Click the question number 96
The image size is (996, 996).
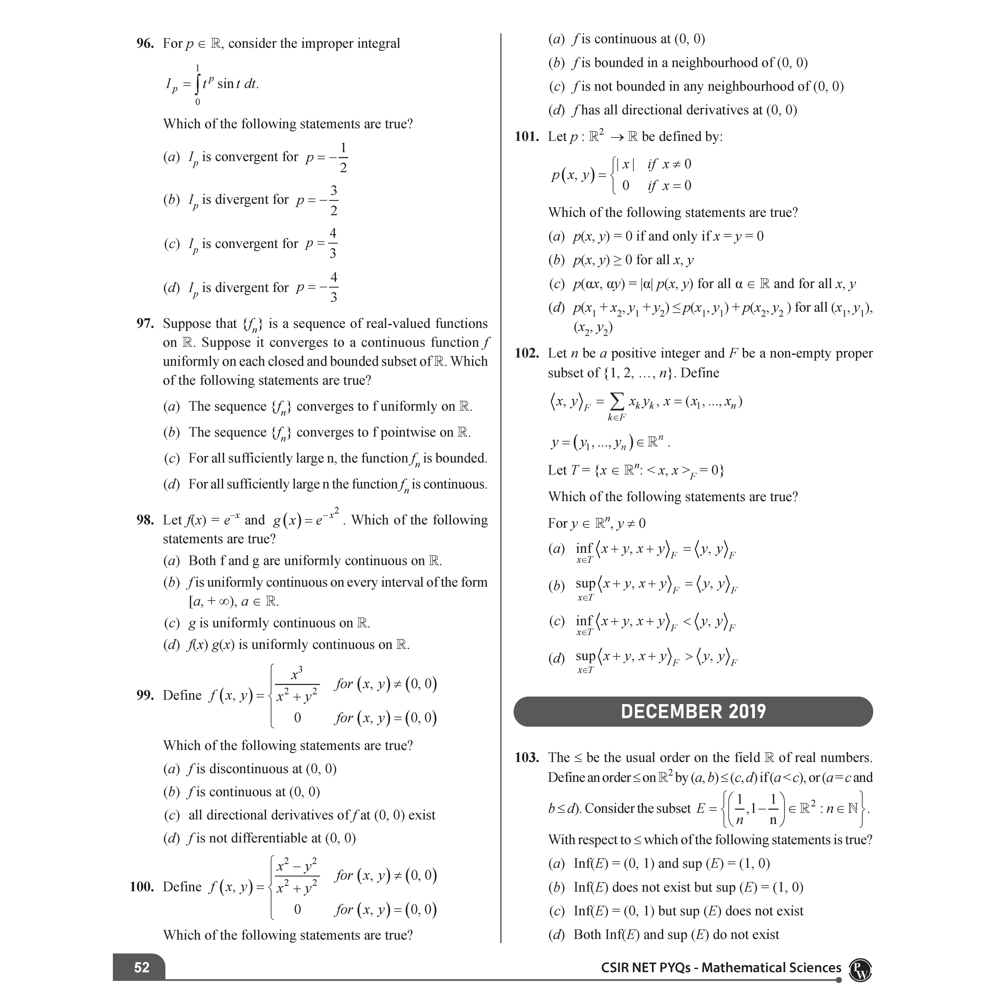(x=145, y=44)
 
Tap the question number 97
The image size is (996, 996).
(x=145, y=324)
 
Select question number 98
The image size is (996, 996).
(x=145, y=520)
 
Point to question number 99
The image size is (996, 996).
(x=145, y=695)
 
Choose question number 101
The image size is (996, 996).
(x=527, y=137)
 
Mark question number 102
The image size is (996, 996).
(x=527, y=354)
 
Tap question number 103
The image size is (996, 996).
(x=527, y=758)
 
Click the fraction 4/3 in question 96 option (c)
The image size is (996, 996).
(x=333, y=243)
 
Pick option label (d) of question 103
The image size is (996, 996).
(x=556, y=935)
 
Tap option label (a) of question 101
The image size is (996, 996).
(x=556, y=237)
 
